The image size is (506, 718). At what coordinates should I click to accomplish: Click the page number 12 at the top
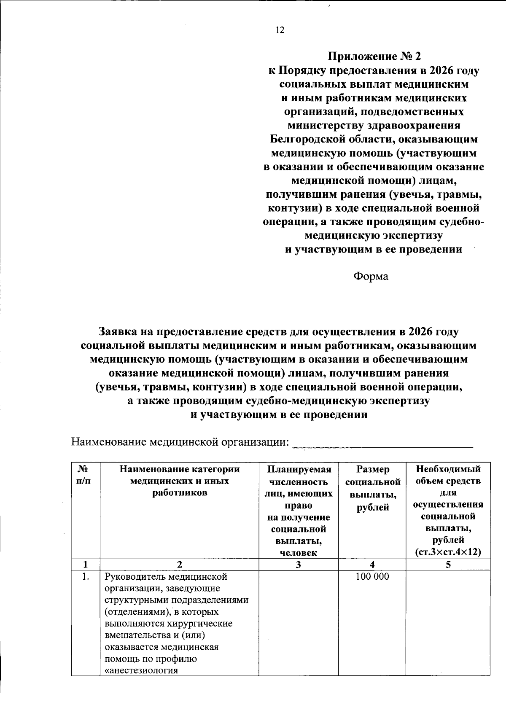point(280,30)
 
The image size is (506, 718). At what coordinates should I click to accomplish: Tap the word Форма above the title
point(370,277)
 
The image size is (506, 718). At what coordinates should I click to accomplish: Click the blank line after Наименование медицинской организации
point(383,443)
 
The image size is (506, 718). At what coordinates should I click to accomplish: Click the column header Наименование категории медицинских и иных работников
point(180,481)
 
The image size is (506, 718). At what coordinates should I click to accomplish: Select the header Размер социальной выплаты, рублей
point(372,488)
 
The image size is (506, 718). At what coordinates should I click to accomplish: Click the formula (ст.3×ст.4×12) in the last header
point(448,552)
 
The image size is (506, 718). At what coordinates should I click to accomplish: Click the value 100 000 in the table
point(372,576)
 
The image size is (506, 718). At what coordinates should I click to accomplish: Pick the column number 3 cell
point(299,565)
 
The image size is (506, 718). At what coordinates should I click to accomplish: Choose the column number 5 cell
point(448,565)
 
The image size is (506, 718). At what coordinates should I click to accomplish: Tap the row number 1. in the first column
point(86,577)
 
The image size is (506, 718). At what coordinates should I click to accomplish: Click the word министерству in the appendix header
point(325,126)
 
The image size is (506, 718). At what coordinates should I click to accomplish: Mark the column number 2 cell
point(180,565)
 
